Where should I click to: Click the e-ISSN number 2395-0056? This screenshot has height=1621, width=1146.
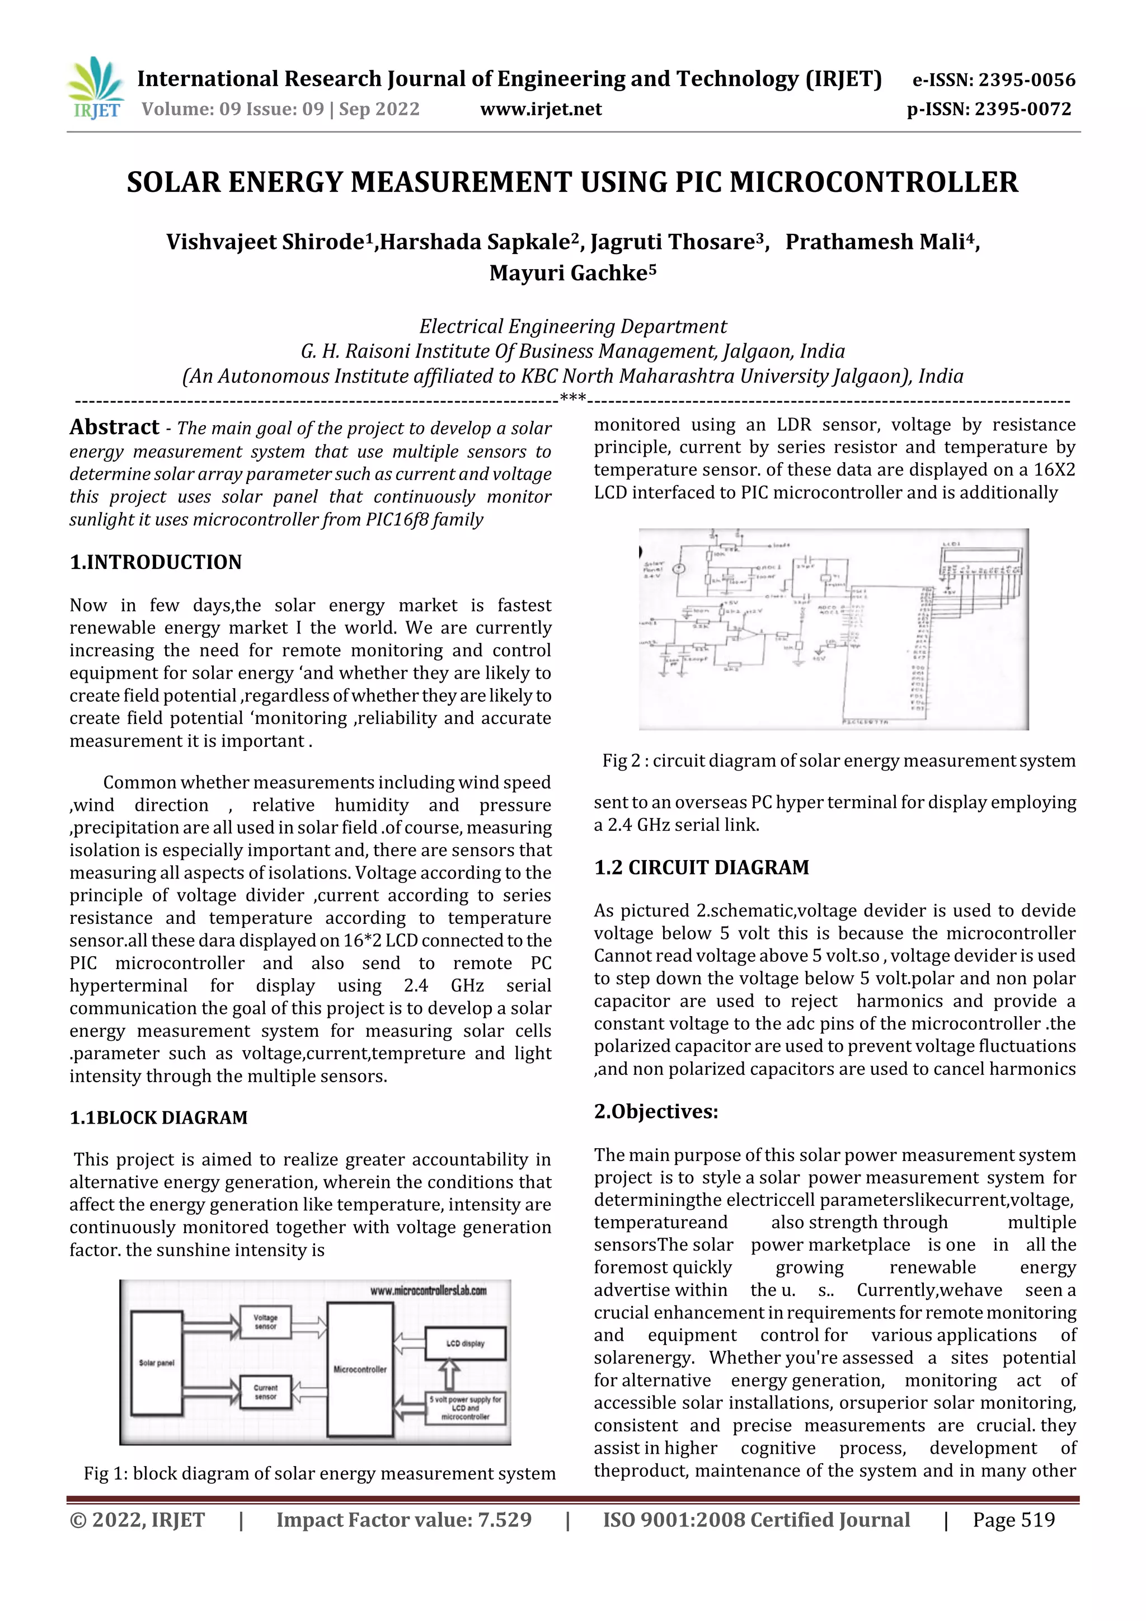click(993, 80)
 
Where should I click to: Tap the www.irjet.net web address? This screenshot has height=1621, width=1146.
click(541, 110)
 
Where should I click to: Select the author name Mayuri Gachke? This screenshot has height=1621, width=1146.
click(572, 272)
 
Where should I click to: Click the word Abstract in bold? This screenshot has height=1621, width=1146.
click(114, 427)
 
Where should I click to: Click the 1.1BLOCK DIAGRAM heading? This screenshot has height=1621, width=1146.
click(158, 1117)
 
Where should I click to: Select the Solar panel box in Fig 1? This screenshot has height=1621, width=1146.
click(157, 1362)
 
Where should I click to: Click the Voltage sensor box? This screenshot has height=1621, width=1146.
click(265, 1322)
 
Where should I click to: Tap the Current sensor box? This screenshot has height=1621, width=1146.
click(265, 1392)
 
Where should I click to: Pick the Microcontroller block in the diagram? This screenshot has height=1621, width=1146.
click(360, 1370)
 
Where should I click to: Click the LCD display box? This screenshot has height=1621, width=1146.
click(466, 1343)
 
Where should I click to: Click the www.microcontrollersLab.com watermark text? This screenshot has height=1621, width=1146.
click(428, 1290)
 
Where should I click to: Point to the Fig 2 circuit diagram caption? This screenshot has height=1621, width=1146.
click(838, 761)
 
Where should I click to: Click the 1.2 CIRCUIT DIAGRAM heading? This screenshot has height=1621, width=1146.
click(701, 868)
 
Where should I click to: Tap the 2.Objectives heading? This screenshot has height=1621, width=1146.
click(655, 1112)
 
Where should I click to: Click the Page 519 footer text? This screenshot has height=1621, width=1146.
click(1013, 1520)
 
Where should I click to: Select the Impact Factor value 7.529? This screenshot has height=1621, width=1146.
click(403, 1520)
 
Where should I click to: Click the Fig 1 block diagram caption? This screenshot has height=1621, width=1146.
click(319, 1474)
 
